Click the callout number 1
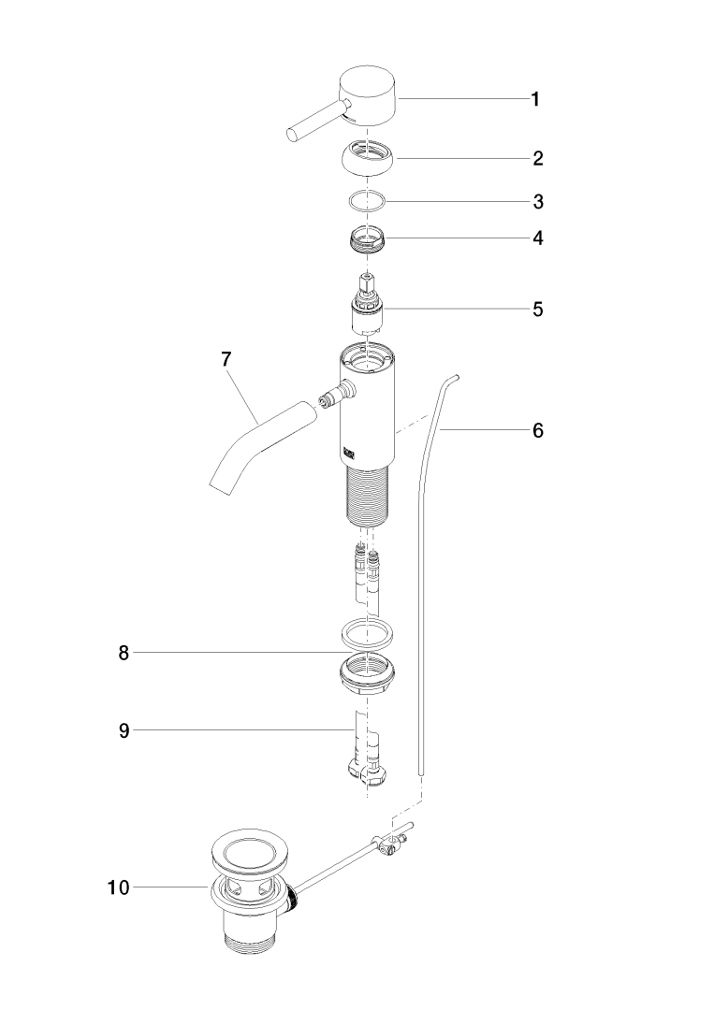click(534, 99)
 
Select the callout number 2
click(537, 158)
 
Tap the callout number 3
click(538, 202)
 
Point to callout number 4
click(537, 238)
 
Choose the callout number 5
click(537, 310)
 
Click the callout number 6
click(537, 429)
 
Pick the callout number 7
click(226, 359)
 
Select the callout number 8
click(124, 653)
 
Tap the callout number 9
click(124, 730)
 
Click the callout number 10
click(118, 887)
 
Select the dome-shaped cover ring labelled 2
click(367, 158)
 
